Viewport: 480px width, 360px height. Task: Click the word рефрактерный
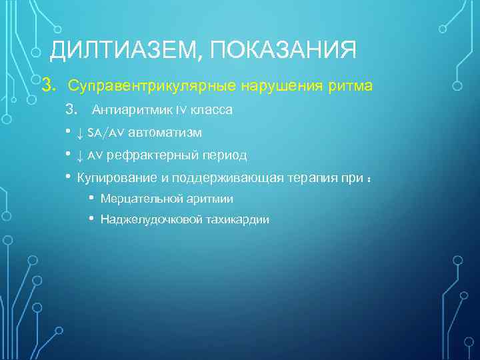click(x=145, y=155)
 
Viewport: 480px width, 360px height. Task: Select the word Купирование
click(x=113, y=178)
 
